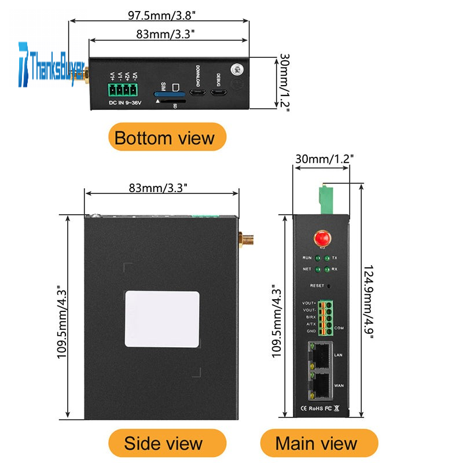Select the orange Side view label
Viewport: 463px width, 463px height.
pyautogui.click(x=163, y=443)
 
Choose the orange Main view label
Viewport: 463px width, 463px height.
pyautogui.click(x=316, y=443)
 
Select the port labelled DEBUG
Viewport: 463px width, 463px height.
pyautogui.click(x=219, y=94)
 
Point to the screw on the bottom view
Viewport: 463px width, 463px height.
pyautogui.click(x=236, y=69)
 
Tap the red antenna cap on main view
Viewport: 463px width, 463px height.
pyautogui.click(x=321, y=237)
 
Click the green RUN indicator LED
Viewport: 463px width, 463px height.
pyautogui.click(x=318, y=258)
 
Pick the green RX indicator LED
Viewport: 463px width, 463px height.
pyautogui.click(x=328, y=269)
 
